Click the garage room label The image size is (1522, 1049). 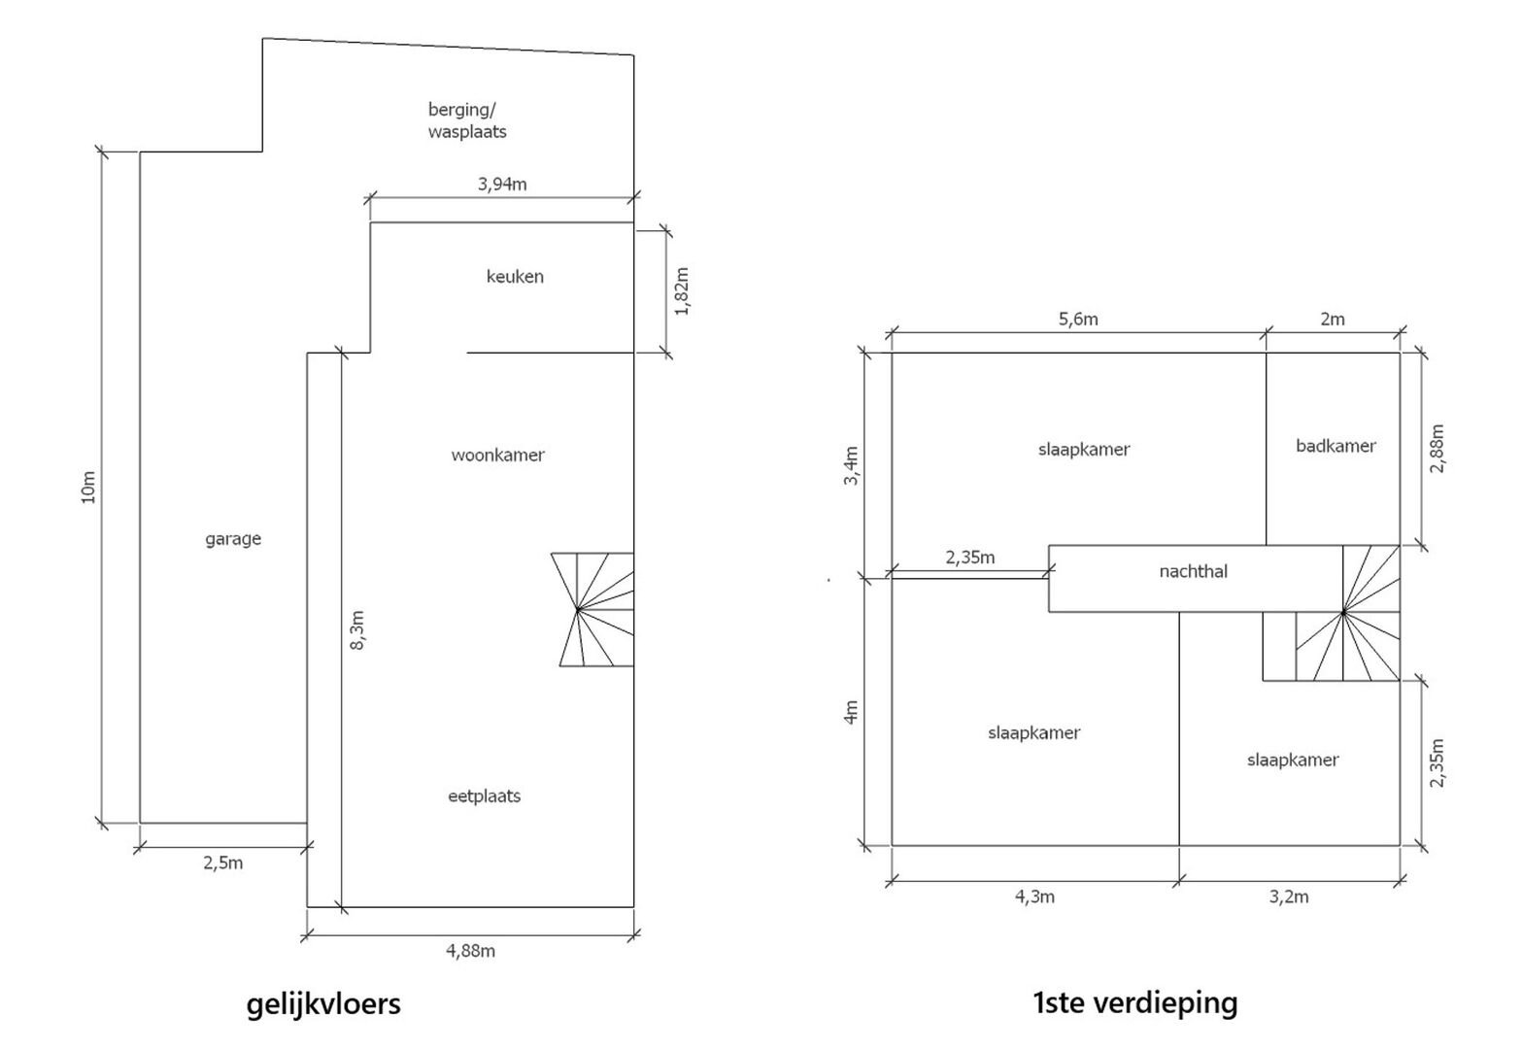pos(233,539)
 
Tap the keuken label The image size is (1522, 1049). pos(515,277)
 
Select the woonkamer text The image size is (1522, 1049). pos(497,455)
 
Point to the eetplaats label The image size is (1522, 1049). pos(484,796)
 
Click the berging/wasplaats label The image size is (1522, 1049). pos(467,120)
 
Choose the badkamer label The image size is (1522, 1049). pos(1336,446)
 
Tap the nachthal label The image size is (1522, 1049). pos(1193,571)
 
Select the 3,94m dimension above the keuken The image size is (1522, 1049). pos(502,184)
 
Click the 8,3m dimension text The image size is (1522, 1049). pos(356,630)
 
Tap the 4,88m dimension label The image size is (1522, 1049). pos(470,951)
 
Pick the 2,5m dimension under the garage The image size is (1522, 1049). pos(223,863)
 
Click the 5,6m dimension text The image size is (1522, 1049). pos(1078,320)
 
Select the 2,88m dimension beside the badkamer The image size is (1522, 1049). pos(1437,448)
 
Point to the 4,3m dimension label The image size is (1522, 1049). pos(1034,897)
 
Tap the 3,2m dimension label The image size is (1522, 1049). pos(1289,897)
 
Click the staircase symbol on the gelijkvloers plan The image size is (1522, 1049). pos(594,609)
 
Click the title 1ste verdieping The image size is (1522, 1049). pos(1134,1002)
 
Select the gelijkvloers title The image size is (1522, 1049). pos(323,1003)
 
